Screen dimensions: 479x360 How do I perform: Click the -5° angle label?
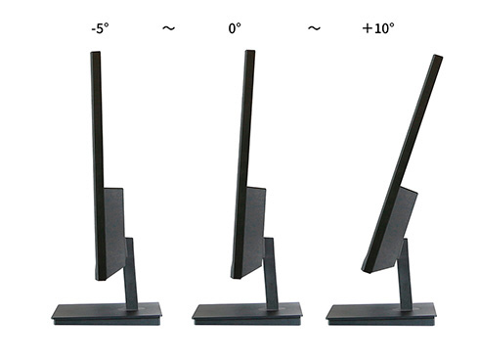coord(100,28)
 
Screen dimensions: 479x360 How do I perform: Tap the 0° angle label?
coord(235,28)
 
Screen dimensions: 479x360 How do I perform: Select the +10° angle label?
coord(378,28)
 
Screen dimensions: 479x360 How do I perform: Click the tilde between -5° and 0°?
coord(169,28)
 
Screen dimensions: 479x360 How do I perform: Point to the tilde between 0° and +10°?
coord(314,28)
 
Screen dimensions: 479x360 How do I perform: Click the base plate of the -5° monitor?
coord(107,314)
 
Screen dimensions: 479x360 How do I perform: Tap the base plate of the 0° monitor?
coord(247,314)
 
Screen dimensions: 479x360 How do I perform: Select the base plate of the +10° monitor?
coord(381,314)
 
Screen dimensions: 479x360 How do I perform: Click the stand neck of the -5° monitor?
coord(130,274)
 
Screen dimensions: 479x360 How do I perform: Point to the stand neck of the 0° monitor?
coord(271,274)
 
